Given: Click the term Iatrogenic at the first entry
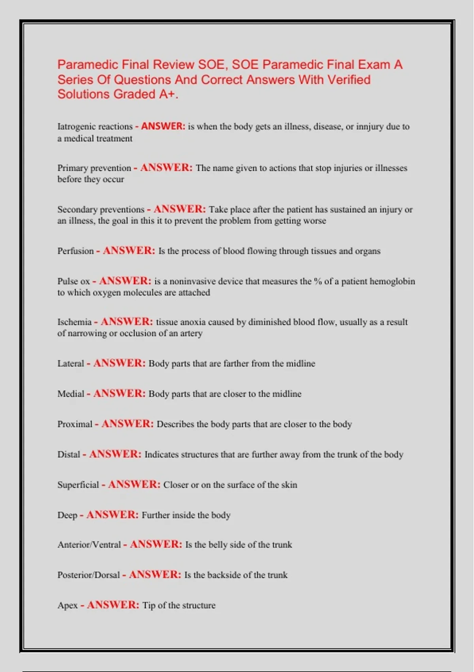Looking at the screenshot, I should coord(75,126).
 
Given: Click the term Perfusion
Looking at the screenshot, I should coord(75,251).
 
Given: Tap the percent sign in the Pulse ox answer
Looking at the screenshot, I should coord(318,281).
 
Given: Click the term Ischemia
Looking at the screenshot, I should coord(74,322).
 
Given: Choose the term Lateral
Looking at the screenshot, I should coord(71,363).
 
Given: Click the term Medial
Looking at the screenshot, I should coord(71,394).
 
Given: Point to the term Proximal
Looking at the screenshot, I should coord(75,424).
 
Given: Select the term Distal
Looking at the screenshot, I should coord(69,455).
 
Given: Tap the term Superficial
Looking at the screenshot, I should coord(78,485).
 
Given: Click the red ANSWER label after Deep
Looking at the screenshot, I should coord(112,515).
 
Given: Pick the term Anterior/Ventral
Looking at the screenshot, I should coord(89,545).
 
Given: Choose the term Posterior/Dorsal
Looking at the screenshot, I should coord(88,575).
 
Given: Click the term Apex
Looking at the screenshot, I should coord(68,605).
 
